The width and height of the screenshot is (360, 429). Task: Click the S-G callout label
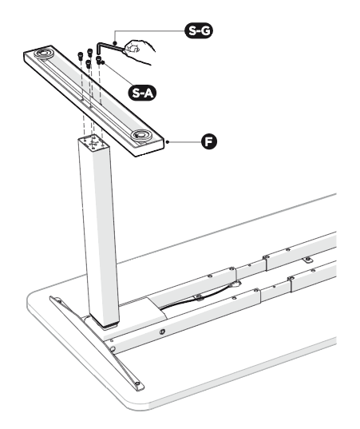(199, 30)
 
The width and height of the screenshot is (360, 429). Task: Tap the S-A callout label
(142, 93)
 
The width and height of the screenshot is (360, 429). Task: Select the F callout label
(209, 141)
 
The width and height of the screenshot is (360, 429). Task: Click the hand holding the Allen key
(139, 50)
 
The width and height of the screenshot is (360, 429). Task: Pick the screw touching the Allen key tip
(99, 60)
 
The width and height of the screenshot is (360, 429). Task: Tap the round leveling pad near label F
(141, 134)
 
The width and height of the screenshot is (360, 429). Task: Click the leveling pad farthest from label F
(44, 53)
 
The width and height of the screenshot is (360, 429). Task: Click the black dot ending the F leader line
(168, 141)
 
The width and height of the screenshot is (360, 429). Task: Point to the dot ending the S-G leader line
(115, 43)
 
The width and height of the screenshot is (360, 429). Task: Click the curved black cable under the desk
(197, 297)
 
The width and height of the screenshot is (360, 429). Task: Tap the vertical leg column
(98, 230)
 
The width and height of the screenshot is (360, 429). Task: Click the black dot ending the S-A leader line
(103, 62)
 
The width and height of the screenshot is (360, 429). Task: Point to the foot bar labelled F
(93, 101)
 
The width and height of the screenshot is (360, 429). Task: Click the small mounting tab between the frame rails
(308, 259)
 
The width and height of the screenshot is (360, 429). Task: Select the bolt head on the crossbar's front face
(162, 332)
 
